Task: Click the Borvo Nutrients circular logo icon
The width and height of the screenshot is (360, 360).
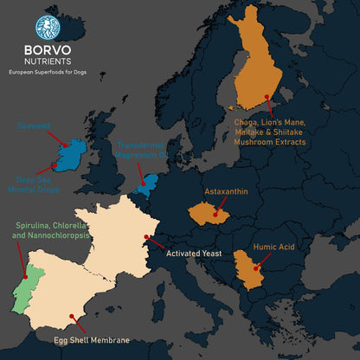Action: (48, 27)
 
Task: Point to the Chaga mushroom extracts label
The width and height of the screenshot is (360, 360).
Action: (271, 132)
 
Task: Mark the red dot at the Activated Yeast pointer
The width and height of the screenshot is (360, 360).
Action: (146, 235)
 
